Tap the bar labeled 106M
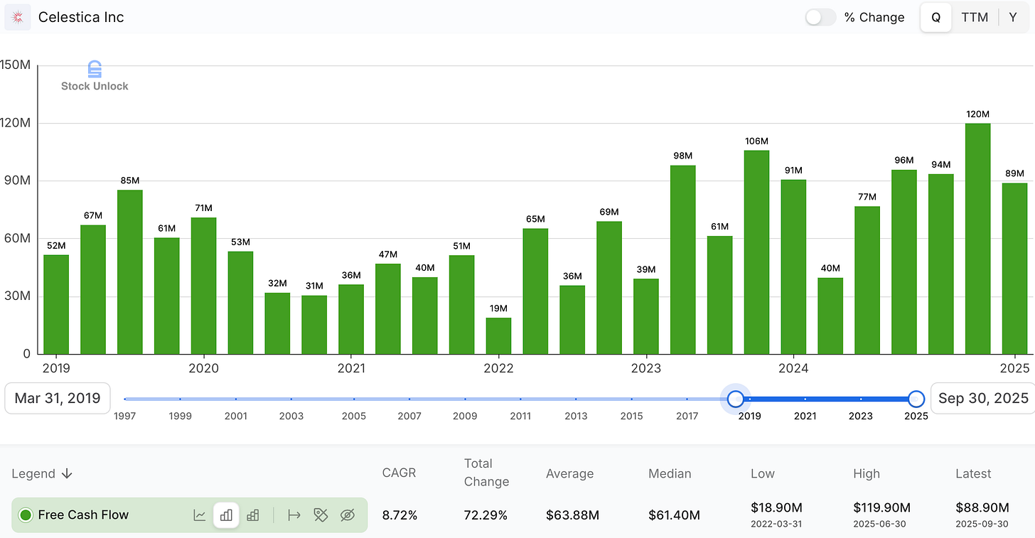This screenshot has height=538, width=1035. [x=756, y=252]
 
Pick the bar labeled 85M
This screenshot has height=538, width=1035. [x=130, y=271]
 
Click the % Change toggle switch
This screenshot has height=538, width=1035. [x=820, y=17]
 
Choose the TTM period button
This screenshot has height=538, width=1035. [x=975, y=17]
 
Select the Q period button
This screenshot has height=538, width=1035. [x=936, y=17]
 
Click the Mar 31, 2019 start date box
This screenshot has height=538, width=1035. [x=58, y=398]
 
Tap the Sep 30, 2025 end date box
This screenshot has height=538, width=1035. [x=983, y=398]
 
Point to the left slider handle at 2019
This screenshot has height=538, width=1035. [x=736, y=398]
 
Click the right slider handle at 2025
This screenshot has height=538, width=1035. [x=916, y=398]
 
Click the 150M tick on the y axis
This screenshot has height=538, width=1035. [x=15, y=65]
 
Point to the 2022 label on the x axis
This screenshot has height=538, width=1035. [x=498, y=368]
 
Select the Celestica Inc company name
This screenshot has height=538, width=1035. [x=81, y=17]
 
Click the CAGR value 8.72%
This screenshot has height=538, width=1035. [x=399, y=515]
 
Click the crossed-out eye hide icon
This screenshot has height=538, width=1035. [x=347, y=515]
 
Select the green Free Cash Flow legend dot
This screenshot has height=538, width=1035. [x=26, y=515]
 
